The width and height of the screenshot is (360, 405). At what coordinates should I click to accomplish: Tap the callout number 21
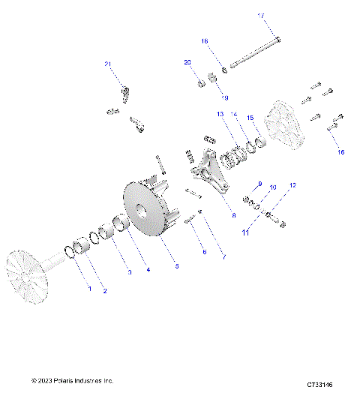click(108, 64)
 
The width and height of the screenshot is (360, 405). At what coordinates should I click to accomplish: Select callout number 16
click(341, 152)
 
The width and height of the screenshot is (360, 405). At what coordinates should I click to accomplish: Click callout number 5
click(176, 265)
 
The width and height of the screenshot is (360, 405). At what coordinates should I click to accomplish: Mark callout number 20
click(188, 63)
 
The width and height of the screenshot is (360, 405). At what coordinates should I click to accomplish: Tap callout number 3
click(129, 272)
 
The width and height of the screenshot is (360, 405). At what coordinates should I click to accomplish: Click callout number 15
click(250, 118)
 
